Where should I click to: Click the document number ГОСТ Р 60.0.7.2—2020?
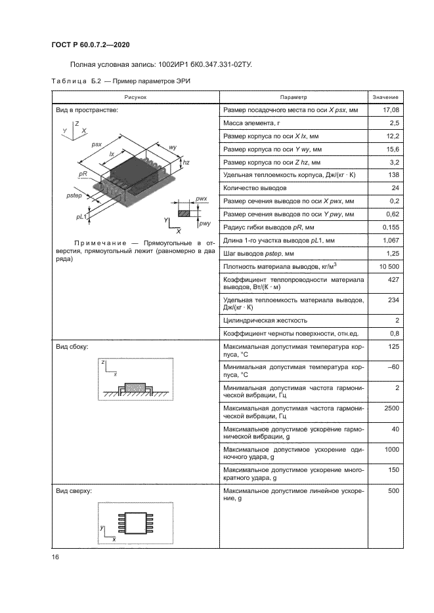coord(90,44)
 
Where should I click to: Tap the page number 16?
coord(54,557)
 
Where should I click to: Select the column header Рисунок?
coord(137,97)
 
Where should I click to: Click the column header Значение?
coord(385,97)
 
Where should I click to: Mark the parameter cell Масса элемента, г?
coord(252,123)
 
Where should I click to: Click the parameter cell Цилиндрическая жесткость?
coord(265,321)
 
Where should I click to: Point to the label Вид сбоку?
coord(72,346)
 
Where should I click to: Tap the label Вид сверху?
coord(74,490)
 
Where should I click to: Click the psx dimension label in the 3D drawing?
coord(97,144)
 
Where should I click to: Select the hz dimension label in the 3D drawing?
coord(186,162)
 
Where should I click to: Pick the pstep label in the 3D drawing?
coord(75,195)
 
